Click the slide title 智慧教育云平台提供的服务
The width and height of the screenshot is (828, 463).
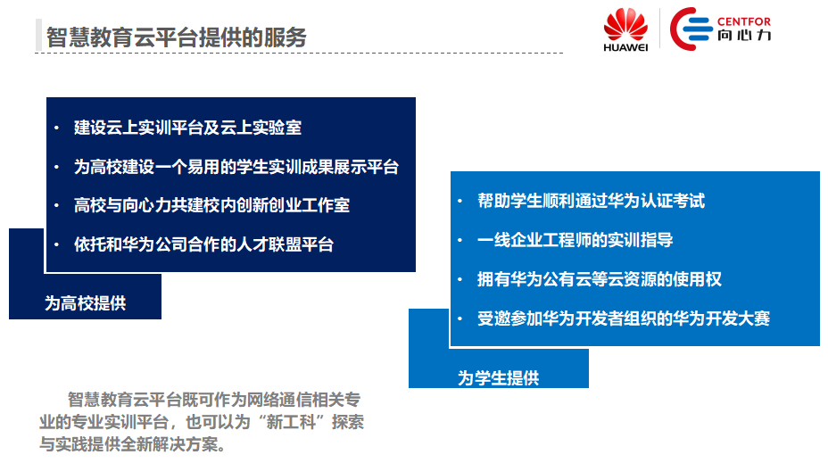(177, 37)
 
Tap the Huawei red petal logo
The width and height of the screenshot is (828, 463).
(625, 24)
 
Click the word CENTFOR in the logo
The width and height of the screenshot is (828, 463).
(743, 21)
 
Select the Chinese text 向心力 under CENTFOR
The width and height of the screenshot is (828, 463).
(743, 36)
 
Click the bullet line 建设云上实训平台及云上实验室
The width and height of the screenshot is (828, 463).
(187, 128)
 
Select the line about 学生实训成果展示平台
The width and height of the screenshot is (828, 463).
(236, 167)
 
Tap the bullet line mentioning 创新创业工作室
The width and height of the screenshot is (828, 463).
(211, 205)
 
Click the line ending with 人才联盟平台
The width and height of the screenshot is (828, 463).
(203, 244)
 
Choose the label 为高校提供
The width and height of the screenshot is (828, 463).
(85, 303)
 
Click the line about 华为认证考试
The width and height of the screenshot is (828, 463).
(591, 201)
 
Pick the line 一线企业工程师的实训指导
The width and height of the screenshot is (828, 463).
(575, 240)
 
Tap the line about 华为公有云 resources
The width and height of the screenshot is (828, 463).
(600, 278)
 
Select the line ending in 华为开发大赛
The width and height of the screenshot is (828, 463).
(624, 318)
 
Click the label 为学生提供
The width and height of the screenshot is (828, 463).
(498, 378)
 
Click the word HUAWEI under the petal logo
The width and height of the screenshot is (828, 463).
(625, 47)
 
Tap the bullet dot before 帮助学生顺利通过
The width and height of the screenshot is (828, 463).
(460, 201)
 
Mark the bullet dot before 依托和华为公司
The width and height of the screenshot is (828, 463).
(56, 245)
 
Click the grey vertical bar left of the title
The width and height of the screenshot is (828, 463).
(38, 35)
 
